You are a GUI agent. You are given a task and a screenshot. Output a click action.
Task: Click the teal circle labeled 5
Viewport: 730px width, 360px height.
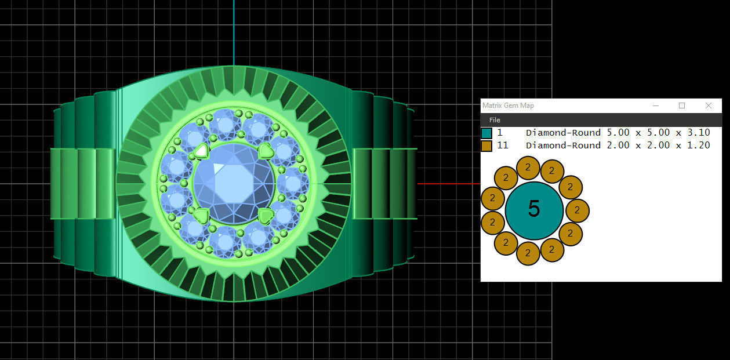534,210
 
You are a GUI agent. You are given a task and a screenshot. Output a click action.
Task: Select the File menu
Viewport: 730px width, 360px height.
495,120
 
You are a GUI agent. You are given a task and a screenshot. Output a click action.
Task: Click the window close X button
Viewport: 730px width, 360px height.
709,106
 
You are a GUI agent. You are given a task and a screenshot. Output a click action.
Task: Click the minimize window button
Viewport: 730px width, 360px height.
656,106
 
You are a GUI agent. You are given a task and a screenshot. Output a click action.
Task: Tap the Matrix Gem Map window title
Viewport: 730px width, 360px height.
509,106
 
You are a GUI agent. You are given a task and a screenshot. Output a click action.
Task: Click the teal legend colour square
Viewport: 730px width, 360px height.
486,133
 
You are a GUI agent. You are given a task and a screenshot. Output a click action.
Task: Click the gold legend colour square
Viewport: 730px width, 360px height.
486,146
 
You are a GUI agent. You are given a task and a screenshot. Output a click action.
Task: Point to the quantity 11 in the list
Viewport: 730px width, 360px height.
503,146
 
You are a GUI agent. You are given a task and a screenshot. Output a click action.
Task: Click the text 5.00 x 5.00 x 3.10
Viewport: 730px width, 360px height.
658,133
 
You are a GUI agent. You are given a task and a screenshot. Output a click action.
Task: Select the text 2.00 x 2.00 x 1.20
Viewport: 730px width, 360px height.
658,146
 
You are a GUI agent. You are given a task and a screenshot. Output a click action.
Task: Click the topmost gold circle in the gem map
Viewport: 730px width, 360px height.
528,168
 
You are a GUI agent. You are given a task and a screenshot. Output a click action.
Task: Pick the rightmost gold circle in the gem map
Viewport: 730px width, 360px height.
578,210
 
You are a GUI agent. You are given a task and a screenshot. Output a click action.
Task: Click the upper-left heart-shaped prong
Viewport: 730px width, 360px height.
201,151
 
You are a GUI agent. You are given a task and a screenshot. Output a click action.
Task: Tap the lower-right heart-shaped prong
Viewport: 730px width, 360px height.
266,216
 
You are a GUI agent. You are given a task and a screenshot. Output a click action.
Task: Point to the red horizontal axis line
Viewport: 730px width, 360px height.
446,184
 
